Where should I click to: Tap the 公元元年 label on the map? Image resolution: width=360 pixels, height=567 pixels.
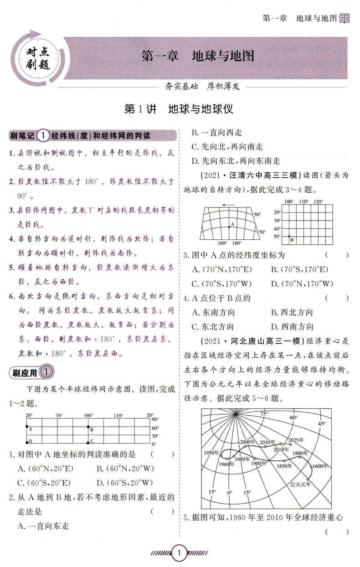pos(300,484)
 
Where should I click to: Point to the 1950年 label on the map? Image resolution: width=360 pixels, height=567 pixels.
pos(212,453)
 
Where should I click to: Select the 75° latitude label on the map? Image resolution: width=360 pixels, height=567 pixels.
pos(264,413)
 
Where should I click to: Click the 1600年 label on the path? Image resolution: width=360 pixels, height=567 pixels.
pos(321,465)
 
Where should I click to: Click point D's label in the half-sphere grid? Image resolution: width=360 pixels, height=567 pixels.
pos(31,441)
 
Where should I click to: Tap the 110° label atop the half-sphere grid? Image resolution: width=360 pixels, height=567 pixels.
pos(118,415)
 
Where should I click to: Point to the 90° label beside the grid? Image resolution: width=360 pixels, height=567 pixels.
pos(155,419)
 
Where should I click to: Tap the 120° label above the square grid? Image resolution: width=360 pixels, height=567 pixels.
pos(318,201)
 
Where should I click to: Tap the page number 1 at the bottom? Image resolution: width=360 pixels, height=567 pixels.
pos(180,554)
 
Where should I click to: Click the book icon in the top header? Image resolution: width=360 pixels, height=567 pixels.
pos(345,19)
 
